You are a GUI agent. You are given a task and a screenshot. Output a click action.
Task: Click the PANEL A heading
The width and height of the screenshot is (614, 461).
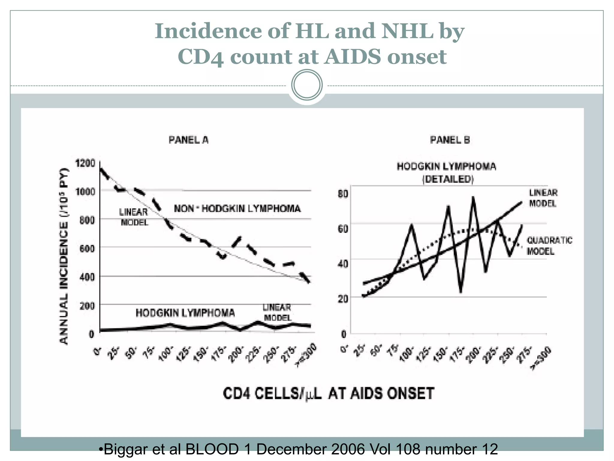pos(188,140)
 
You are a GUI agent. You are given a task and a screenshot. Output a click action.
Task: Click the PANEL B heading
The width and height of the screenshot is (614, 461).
pos(450,140)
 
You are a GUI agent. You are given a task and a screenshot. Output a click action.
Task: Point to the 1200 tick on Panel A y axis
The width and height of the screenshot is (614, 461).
pos(85,164)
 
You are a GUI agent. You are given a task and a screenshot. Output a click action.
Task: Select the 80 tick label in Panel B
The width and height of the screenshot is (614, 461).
pos(343,194)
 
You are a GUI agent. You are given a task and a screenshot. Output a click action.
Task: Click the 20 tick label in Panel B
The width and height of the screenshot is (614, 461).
pos(343,299)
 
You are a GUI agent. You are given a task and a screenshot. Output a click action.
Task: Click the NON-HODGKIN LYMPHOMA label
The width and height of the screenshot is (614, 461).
pos(237,208)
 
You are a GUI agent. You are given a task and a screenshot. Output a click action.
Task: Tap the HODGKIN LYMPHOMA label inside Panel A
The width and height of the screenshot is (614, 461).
pos(185,313)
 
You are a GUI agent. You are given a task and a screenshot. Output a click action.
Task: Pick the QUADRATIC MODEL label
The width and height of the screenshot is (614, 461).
pos(549,246)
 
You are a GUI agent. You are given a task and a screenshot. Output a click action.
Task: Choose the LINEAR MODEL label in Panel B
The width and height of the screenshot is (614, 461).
pos(543,198)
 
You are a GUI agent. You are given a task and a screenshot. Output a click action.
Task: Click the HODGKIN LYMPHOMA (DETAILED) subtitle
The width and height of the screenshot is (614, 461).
pos(447,173)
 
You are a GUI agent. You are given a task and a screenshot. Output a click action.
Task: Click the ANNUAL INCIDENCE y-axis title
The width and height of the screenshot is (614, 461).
pos(64,257)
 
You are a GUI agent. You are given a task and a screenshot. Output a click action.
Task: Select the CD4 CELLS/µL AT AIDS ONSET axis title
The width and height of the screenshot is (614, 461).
pos(329,393)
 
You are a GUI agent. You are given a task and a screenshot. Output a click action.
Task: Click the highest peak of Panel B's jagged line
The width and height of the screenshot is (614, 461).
pos(473,198)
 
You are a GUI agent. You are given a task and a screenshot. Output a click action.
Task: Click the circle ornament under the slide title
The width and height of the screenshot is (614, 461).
pos(307,85)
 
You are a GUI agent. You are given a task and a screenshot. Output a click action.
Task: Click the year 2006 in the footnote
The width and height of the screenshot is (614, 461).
pos(348,450)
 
